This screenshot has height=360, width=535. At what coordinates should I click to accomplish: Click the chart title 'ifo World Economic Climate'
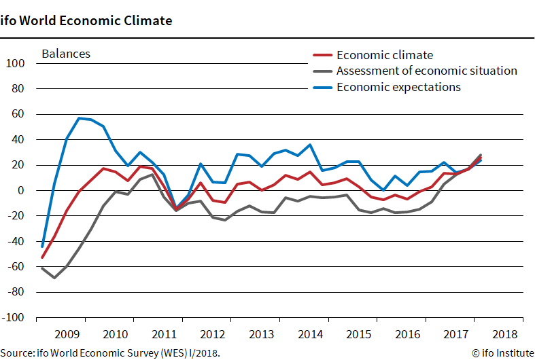coord(86,20)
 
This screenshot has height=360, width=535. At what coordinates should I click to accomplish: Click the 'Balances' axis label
coord(66,54)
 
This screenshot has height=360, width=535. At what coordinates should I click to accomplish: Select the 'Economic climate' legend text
coord(384,55)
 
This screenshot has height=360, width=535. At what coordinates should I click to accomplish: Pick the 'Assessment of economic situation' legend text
coord(426,71)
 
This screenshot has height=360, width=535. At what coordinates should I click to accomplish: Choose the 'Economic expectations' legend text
coord(398,86)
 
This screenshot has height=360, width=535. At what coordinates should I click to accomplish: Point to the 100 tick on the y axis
coord(15,64)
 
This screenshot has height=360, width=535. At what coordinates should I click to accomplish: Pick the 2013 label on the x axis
coord(262,335)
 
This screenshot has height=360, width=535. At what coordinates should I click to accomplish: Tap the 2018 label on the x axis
coord(503,335)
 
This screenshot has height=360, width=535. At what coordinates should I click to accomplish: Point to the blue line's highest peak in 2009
coord(79,118)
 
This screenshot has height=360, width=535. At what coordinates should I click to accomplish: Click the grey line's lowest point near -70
coord(54,278)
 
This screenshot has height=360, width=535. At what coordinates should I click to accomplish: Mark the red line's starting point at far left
coord(42,257)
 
